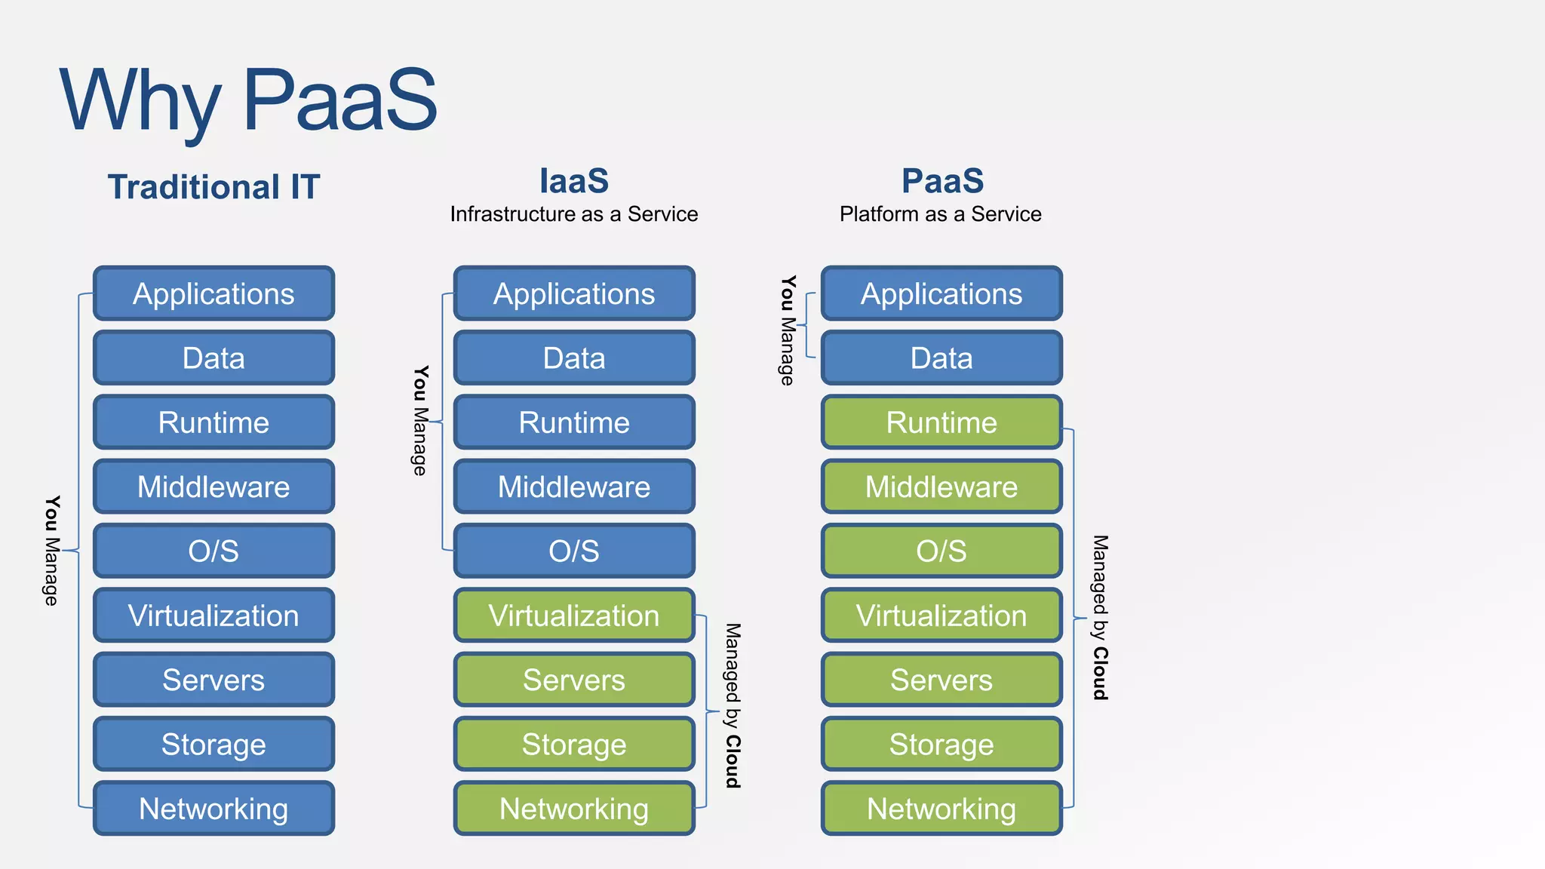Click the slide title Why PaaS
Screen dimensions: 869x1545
click(249, 100)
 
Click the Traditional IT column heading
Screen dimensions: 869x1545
click(213, 187)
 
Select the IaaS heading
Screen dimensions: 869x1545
click(574, 181)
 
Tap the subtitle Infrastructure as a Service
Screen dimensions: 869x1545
click(574, 214)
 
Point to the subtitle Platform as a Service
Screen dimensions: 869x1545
click(940, 214)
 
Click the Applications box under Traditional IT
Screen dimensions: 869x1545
click(213, 293)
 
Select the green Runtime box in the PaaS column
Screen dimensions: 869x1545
click(941, 422)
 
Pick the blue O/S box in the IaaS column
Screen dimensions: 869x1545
click(574, 551)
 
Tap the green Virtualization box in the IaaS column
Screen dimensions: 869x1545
click(574, 616)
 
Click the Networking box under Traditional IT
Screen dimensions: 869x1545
click(213, 809)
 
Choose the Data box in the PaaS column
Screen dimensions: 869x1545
click(941, 358)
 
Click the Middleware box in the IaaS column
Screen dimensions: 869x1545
click(574, 487)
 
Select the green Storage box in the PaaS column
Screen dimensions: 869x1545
click(941, 745)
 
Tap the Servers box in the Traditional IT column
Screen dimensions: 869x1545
click(213, 680)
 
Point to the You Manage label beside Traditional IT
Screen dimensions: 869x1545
click(51, 551)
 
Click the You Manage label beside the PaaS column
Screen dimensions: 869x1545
click(787, 330)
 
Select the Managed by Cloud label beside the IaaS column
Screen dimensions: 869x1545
click(733, 705)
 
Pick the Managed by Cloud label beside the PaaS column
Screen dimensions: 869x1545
click(1100, 617)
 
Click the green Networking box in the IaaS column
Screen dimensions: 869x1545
click(574, 809)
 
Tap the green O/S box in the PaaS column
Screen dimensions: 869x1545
click(941, 551)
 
